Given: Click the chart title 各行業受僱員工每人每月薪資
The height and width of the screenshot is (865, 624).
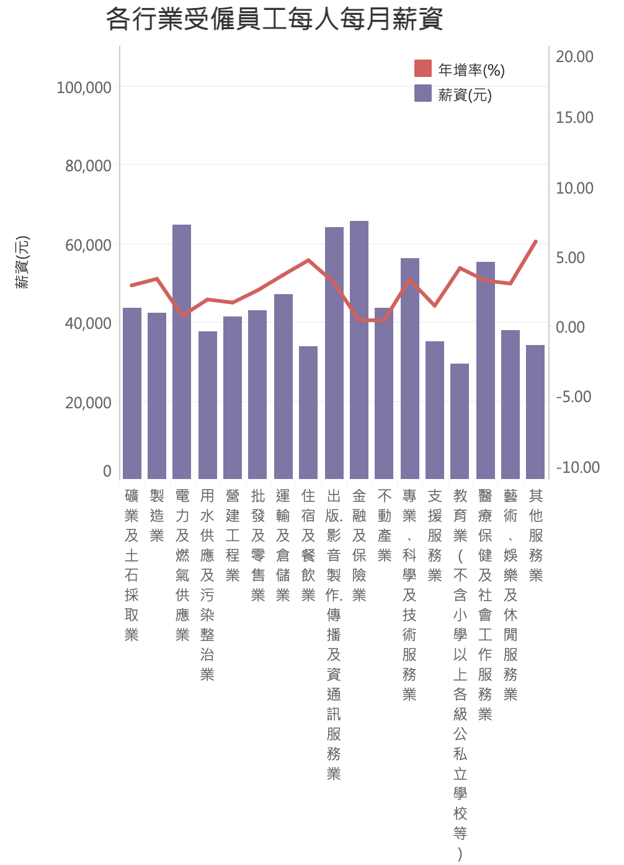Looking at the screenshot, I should [274, 19].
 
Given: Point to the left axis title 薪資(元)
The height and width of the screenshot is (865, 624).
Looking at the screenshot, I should [22, 262].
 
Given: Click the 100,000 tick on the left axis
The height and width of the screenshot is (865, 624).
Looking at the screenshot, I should [84, 87].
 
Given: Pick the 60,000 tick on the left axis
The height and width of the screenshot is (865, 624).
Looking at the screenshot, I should [88, 245].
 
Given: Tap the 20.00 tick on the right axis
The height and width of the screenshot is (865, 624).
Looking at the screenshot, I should [574, 56].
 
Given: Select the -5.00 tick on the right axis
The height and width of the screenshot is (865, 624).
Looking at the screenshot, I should [573, 397].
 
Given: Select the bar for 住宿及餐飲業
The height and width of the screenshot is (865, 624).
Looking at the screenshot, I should [308, 412].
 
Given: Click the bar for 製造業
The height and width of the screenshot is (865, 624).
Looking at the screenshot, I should [157, 395].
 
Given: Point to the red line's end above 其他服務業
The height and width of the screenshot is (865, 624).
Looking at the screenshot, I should [535, 241].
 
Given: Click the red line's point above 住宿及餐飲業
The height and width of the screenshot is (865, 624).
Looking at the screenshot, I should [308, 260].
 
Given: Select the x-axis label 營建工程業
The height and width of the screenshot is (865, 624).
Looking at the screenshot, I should [233, 535].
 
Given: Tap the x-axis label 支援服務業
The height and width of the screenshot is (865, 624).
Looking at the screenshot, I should [435, 535].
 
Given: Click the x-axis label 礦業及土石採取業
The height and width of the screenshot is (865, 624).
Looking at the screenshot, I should [131, 565].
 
